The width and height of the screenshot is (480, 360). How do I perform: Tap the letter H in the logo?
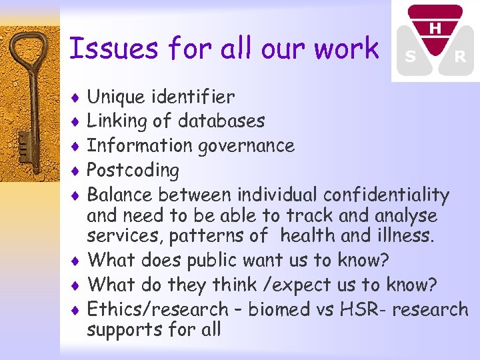435,29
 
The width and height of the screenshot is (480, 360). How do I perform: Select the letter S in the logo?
411,58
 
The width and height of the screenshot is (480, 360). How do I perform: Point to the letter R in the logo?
459,58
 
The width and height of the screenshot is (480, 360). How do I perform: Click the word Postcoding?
133,170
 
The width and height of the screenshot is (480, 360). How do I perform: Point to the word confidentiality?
386,195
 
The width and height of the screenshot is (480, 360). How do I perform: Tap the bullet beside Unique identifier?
77,98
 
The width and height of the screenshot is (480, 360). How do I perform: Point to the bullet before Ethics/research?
77,310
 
